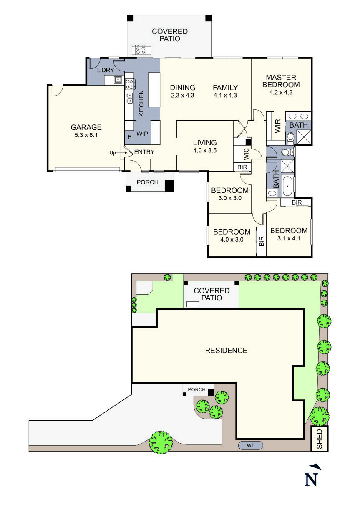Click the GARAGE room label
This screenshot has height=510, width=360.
click(86, 127)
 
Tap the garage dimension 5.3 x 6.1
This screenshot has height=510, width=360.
click(86, 135)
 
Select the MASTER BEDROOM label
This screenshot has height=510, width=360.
click(281, 81)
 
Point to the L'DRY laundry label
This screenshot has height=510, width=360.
click(106, 70)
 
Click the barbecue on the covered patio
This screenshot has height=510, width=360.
click(139, 50)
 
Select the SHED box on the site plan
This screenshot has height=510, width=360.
click(320, 439)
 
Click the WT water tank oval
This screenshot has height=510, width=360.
click(250, 446)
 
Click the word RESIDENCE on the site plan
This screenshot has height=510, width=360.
click(226, 351)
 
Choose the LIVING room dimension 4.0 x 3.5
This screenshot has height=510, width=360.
click(204, 151)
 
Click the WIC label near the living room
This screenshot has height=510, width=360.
click(246, 154)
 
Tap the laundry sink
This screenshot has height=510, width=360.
click(118, 79)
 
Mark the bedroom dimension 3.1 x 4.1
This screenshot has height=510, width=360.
click(289, 239)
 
